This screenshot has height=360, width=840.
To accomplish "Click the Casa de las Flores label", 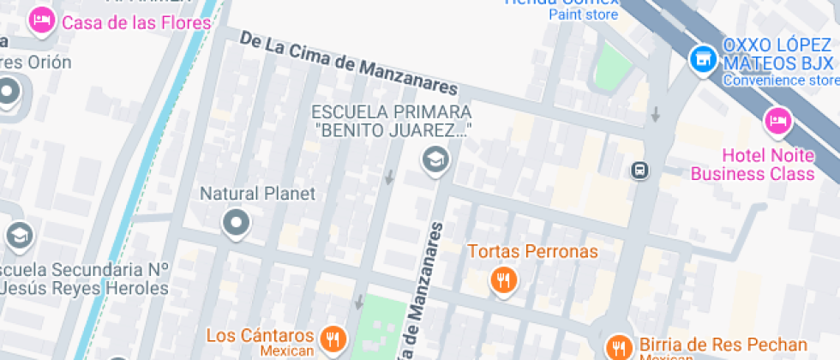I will pos(136,22).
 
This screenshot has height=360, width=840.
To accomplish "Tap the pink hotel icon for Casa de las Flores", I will pos(40,21).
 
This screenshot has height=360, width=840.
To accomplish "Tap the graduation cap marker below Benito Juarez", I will pos(435,159).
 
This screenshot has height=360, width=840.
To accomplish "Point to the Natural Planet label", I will pos(257,194).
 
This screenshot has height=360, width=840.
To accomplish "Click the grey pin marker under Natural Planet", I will pos(235,224).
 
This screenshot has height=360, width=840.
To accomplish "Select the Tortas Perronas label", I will pos(532,252).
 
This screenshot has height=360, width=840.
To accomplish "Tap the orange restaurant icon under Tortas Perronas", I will pos(503,280).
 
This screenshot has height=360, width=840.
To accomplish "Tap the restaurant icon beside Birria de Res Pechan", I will pos(616,347).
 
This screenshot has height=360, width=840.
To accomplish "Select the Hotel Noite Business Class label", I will pos(753,165).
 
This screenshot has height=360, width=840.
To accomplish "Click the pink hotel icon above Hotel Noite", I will pos(777,120).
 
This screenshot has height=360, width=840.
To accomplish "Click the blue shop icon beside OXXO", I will pos(703,57).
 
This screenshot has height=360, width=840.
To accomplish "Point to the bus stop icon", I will pos(639,170).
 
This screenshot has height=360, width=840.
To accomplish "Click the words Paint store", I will pos(583,15).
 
